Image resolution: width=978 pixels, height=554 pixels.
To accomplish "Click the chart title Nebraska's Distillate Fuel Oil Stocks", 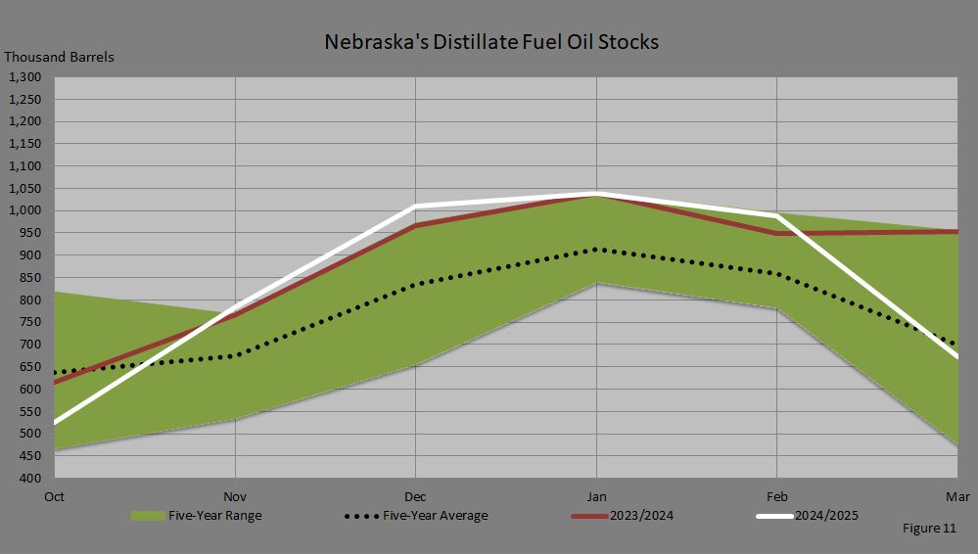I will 491,42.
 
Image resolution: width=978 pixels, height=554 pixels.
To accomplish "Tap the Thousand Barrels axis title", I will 59,57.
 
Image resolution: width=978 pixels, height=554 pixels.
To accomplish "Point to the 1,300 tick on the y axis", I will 23,77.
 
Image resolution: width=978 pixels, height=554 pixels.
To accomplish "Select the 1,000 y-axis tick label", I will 23,211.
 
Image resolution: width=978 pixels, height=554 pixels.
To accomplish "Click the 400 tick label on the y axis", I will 29,479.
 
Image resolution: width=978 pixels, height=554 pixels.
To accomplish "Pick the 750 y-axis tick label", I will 29,323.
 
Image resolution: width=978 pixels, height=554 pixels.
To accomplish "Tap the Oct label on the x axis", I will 55,496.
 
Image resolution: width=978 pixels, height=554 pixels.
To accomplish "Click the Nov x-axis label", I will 236,496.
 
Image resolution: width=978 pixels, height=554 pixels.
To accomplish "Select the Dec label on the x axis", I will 416,496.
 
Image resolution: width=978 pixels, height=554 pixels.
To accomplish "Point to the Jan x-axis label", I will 596,496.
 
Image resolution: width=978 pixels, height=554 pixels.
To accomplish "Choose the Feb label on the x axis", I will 777,496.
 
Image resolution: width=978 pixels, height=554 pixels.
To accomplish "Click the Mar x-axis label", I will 955,496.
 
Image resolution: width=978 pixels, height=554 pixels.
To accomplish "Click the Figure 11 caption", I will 929,529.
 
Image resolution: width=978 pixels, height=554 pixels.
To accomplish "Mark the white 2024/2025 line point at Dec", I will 416,207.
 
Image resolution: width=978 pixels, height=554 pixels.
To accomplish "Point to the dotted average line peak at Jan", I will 596,250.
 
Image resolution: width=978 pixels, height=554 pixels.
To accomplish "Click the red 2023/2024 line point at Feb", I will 777,234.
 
